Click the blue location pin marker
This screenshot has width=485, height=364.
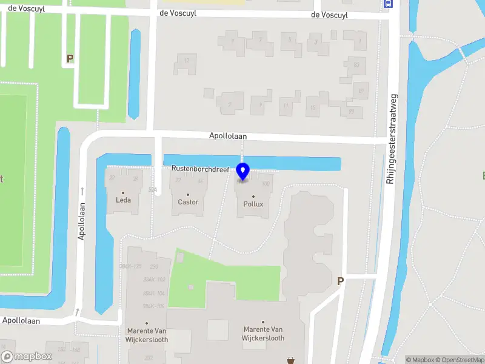coord(242,172)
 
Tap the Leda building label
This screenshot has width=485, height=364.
coord(123,200)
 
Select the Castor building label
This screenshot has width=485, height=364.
coord(188,202)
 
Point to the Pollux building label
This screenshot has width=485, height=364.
coord(253,204)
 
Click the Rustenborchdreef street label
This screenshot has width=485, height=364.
coord(199,170)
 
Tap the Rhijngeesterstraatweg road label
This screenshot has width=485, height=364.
coord(391,138)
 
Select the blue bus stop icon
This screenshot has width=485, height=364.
coord(389,3)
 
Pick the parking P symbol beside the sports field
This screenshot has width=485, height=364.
coord(70,59)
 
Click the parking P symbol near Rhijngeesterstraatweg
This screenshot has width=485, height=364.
coord(340,281)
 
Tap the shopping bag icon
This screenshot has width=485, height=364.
coord(291,360)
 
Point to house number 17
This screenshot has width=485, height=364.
coord(187,61)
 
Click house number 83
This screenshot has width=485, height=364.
coord(356,65)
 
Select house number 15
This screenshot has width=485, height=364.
coord(313,109)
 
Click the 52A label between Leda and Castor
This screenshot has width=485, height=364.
coord(153,190)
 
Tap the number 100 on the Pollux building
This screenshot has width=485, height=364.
coord(265,183)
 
